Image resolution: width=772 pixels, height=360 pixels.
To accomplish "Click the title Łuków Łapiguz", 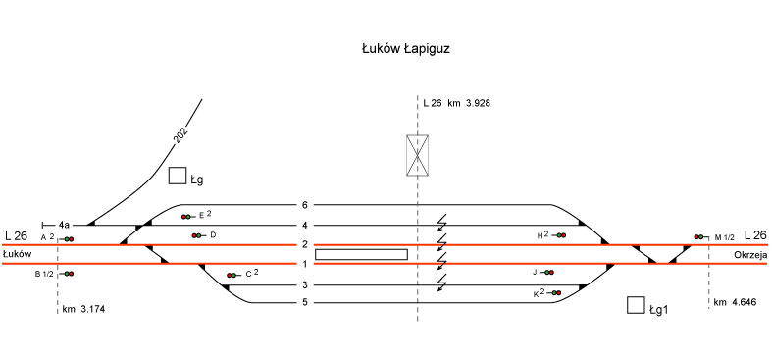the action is (x=406, y=49).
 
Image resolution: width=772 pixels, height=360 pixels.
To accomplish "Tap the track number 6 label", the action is (x=305, y=205).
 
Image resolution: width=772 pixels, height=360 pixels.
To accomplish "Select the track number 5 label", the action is (x=305, y=302).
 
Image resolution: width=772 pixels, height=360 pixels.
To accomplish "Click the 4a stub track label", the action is (x=64, y=225).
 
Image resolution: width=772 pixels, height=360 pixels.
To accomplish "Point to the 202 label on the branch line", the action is (x=181, y=135).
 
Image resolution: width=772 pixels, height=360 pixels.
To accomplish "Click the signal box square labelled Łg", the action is (x=178, y=176).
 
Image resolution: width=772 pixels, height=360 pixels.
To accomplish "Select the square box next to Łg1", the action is (x=636, y=305).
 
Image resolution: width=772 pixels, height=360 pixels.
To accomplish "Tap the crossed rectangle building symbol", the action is (x=417, y=155).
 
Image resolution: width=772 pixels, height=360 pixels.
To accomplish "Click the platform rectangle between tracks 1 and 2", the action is (x=361, y=254).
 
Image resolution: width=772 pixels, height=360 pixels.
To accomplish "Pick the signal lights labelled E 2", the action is (x=187, y=217).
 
